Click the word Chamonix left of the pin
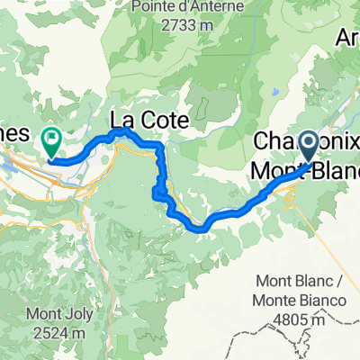point(275,143)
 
